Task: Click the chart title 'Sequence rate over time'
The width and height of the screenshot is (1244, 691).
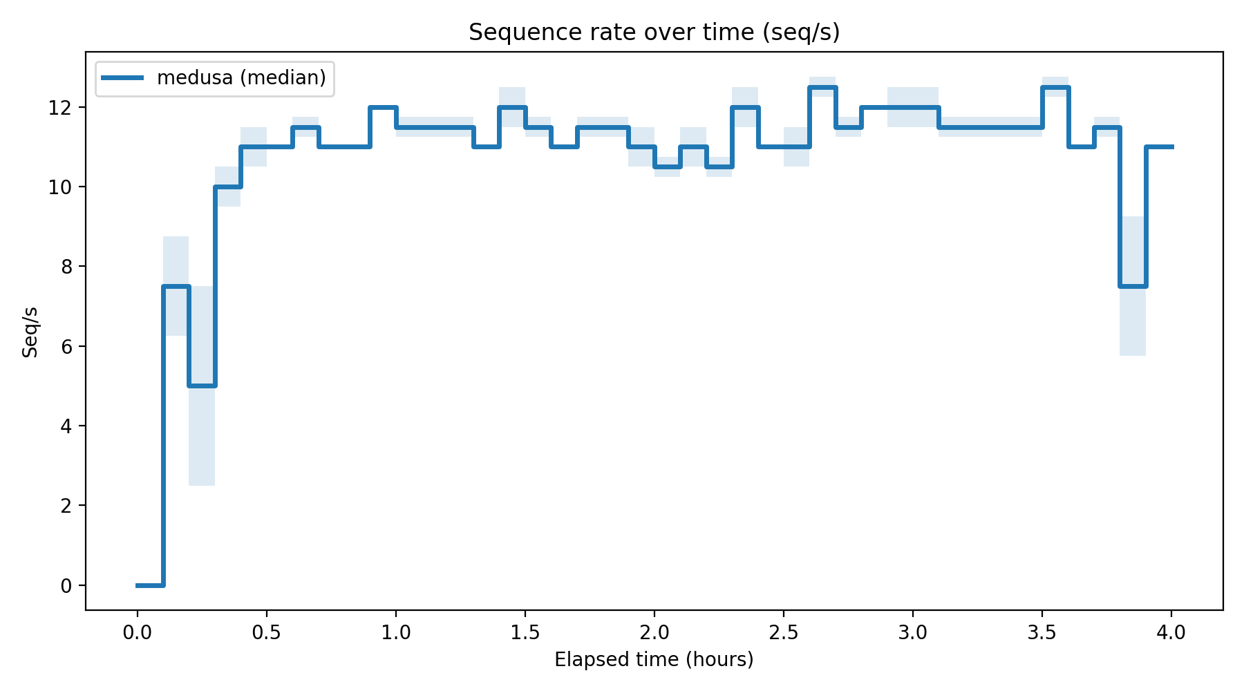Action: tap(654, 32)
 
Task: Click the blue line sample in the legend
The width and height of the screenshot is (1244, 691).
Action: tap(123, 77)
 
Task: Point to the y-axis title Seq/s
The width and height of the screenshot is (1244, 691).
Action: tap(30, 332)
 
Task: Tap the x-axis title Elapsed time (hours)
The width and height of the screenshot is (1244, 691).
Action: tap(654, 660)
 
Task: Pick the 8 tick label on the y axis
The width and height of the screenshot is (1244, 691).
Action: tap(66, 267)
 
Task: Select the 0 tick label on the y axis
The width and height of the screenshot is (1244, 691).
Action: tap(66, 585)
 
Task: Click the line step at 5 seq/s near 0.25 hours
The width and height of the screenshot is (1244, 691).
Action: tap(202, 386)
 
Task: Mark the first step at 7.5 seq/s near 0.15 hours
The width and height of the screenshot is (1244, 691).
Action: tap(176, 286)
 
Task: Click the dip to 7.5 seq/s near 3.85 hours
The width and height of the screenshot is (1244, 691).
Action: tap(1133, 286)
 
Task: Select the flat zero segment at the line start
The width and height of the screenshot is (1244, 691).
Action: tap(150, 585)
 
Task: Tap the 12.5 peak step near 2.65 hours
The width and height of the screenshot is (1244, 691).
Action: tap(822, 87)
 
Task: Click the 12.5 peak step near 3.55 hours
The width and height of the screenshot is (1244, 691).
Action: tap(1055, 87)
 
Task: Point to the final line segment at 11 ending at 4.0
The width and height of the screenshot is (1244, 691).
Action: tap(1159, 146)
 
